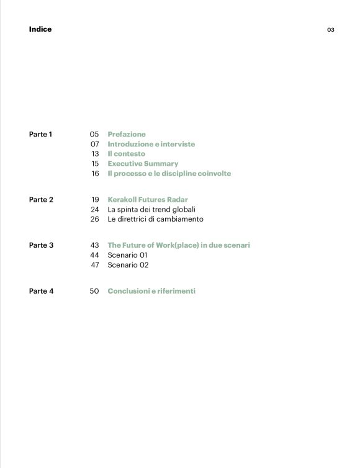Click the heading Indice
click(x=40, y=29)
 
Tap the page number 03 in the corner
click(x=331, y=30)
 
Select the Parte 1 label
click(x=41, y=134)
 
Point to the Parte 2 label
click(x=41, y=200)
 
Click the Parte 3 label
click(x=41, y=245)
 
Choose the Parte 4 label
click(x=41, y=290)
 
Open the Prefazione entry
click(x=127, y=134)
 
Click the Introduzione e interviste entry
click(x=151, y=144)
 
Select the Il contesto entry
click(x=126, y=154)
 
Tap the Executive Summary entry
click(x=143, y=164)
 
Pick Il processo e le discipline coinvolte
click(x=169, y=174)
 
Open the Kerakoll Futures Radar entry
click(x=148, y=200)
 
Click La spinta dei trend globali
click(x=151, y=209)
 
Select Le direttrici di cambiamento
click(x=155, y=219)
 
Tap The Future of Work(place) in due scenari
click(x=179, y=245)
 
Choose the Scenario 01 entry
click(x=127, y=255)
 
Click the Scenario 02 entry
click(x=128, y=265)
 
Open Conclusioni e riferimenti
click(x=151, y=290)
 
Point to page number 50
click(x=94, y=290)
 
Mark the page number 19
click(x=95, y=200)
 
